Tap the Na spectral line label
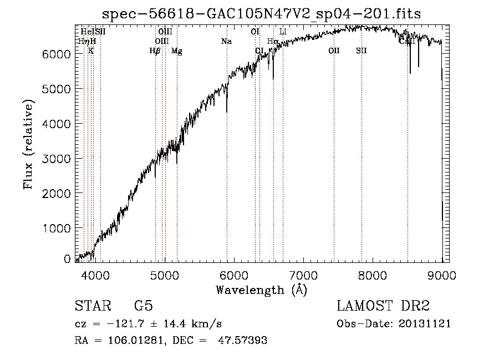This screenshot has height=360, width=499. [226, 42]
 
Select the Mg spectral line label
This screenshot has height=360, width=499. [176, 51]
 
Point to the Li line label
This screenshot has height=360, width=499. [283, 32]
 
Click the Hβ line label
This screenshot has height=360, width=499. [155, 51]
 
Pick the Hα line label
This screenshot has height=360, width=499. [272, 42]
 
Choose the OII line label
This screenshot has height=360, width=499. [334, 51]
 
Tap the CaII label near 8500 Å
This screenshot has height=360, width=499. [407, 42]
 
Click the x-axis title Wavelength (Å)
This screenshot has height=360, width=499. [261, 290]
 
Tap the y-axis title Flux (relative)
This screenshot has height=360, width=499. [28, 144]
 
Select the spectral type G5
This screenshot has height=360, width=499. [144, 307]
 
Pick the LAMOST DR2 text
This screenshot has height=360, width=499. [383, 307]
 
